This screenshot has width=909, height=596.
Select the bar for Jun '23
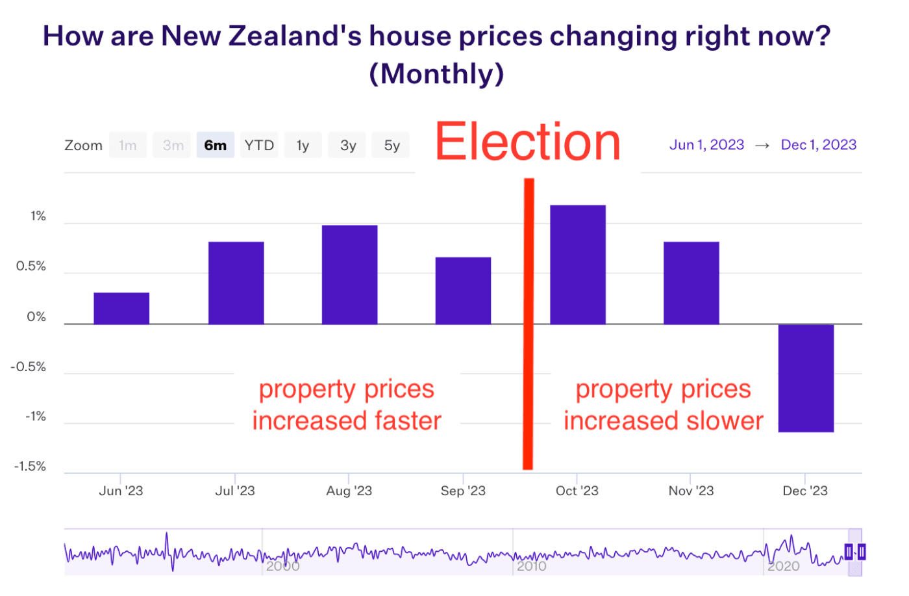(x=121, y=308)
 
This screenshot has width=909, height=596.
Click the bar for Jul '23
(x=236, y=283)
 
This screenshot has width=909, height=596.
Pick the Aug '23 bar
(x=349, y=274)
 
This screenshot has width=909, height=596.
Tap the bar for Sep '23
(x=463, y=291)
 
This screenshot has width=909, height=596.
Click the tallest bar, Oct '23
(x=577, y=265)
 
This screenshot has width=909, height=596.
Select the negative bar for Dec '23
(x=806, y=378)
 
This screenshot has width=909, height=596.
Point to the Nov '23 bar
(x=691, y=283)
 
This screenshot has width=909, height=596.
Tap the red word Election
(x=527, y=142)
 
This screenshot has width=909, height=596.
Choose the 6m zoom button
(x=215, y=145)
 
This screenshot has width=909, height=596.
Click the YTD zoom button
(x=259, y=145)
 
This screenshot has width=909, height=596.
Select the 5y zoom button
(x=392, y=145)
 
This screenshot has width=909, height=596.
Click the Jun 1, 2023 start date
(x=706, y=145)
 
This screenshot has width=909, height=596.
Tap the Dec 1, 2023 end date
(x=818, y=145)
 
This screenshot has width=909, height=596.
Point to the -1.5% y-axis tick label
(x=30, y=466)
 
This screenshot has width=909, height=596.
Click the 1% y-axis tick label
(x=38, y=216)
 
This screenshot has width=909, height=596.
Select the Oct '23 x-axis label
(x=577, y=491)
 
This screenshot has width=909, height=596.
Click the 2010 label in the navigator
(x=531, y=566)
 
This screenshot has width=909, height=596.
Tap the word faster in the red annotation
(x=403, y=421)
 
